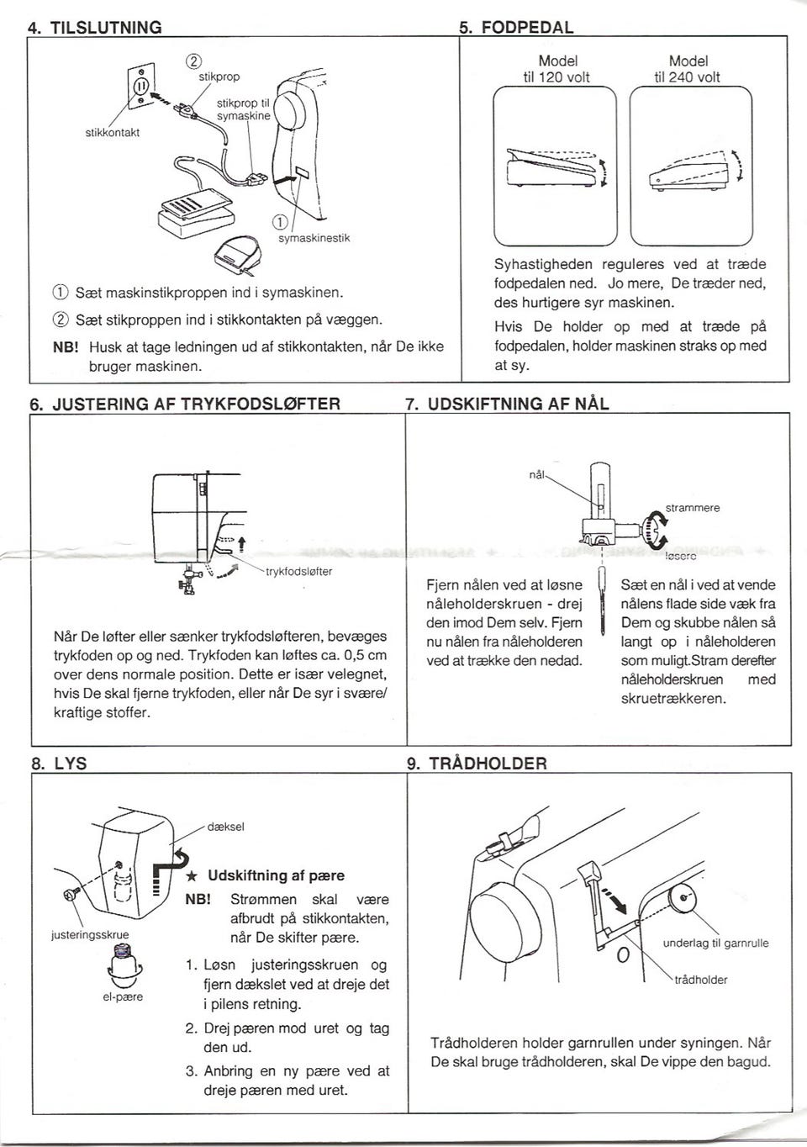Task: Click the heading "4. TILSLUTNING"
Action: tap(95, 27)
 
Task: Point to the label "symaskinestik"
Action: tap(314, 238)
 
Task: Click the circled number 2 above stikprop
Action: tap(193, 61)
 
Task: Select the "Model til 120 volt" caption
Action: tap(556, 69)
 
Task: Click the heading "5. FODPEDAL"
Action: tap(516, 27)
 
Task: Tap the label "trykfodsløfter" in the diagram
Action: tap(299, 572)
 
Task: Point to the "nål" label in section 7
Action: tap(536, 474)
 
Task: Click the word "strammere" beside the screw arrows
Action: tap(693, 508)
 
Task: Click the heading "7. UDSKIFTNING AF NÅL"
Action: tap(507, 404)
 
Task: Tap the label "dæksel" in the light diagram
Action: tap(225, 827)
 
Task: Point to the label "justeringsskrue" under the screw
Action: tap(90, 935)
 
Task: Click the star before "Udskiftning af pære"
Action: tap(193, 876)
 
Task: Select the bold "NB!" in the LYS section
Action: tap(198, 900)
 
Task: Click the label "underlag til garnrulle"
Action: tap(715, 943)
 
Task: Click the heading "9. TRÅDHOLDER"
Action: tap(477, 764)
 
